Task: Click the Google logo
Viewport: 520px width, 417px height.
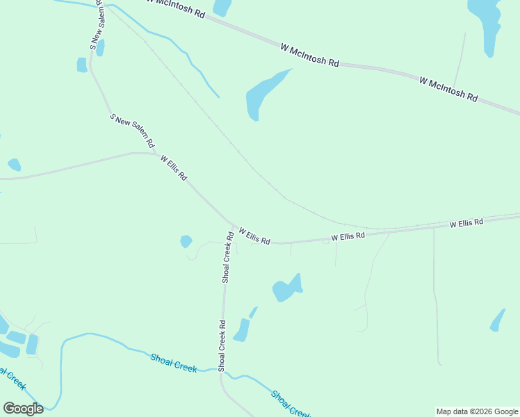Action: tap(23, 409)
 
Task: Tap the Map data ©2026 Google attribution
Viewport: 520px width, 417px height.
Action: tap(477, 411)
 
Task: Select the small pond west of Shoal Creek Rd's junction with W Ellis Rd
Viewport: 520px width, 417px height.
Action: tap(186, 241)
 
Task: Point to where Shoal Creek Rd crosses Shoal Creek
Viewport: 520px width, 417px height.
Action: tap(222, 370)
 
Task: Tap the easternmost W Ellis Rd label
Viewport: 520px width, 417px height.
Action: tap(466, 224)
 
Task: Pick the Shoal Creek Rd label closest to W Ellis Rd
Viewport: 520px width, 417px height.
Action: tap(227, 257)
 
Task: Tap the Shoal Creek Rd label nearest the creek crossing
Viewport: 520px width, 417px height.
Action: tap(222, 344)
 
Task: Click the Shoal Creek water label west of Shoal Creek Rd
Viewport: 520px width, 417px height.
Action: tap(174, 361)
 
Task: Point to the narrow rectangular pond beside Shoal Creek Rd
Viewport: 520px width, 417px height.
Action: tap(241, 330)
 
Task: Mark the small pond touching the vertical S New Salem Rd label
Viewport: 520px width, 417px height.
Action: tap(100, 47)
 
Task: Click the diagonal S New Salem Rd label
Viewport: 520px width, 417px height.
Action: tap(132, 130)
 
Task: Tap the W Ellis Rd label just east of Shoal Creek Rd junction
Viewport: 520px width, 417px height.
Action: tap(254, 235)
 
